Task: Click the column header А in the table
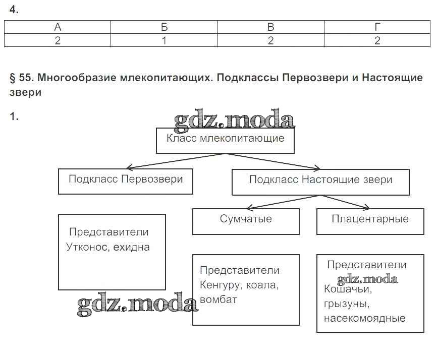(x=58, y=27)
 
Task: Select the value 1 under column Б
(x=164, y=41)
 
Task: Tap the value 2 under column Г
(x=377, y=41)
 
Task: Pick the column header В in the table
(x=270, y=27)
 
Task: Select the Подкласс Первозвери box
(x=126, y=181)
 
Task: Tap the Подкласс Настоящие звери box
(x=320, y=182)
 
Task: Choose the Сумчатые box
(x=246, y=221)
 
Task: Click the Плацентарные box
(x=370, y=221)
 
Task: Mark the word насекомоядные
(x=364, y=319)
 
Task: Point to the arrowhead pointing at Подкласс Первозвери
(x=129, y=167)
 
